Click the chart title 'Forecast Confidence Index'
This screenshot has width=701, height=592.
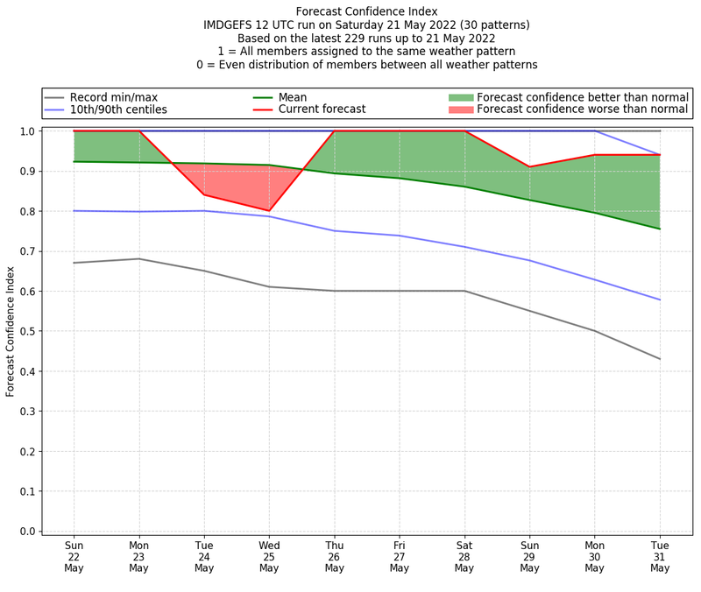[366, 11]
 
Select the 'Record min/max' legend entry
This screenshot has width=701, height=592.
[113, 97]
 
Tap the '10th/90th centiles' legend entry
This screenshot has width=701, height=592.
[118, 109]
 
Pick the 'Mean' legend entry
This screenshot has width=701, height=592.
[293, 97]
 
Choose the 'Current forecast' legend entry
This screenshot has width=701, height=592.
[322, 109]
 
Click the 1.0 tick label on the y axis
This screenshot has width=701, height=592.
[27, 131]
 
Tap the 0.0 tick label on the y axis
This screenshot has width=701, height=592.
[27, 531]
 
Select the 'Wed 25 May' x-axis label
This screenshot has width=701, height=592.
[269, 556]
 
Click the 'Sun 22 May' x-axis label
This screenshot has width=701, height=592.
[74, 556]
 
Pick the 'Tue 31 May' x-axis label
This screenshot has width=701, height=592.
[660, 556]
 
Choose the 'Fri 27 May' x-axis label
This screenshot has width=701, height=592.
[400, 556]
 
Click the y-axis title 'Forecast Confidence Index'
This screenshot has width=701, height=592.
[11, 331]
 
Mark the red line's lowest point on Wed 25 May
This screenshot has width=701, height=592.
[269, 211]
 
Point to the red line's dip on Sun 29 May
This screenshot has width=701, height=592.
[529, 167]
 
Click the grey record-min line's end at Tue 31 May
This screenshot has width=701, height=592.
[660, 359]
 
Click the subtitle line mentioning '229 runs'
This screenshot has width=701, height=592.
[366, 39]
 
